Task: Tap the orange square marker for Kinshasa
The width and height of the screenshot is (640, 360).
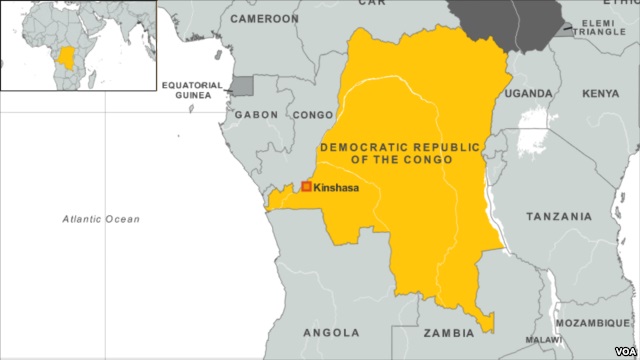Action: pyautogui.click(x=306, y=186)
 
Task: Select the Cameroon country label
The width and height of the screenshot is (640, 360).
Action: pyautogui.click(x=264, y=19)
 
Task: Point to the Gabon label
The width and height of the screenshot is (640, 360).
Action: pyautogui.click(x=256, y=115)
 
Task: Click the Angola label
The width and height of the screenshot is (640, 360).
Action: pyautogui.click(x=331, y=332)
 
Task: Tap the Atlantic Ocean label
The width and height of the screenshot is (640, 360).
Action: pyautogui.click(x=101, y=218)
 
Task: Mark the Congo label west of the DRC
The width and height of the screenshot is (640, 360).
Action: pyautogui.click(x=312, y=115)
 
